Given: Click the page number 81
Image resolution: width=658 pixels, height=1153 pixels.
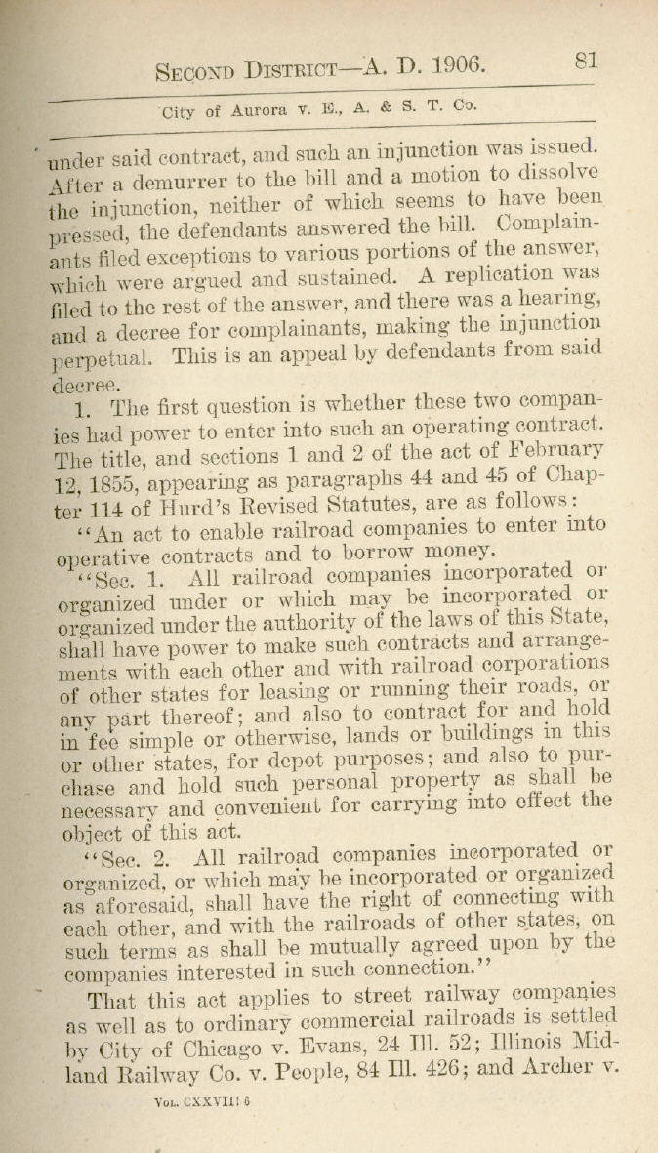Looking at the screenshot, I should (x=586, y=61).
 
